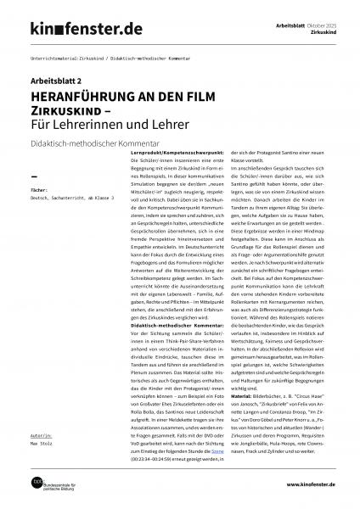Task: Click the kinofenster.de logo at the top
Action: click(76, 30)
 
